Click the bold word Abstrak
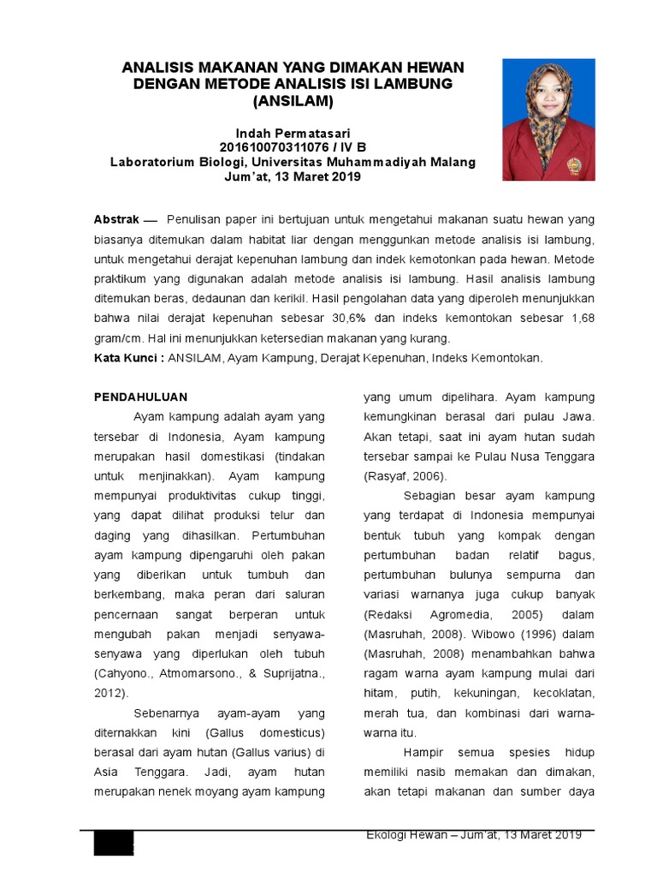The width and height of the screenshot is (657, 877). click(x=115, y=220)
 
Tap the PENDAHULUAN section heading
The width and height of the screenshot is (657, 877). click(x=140, y=397)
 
